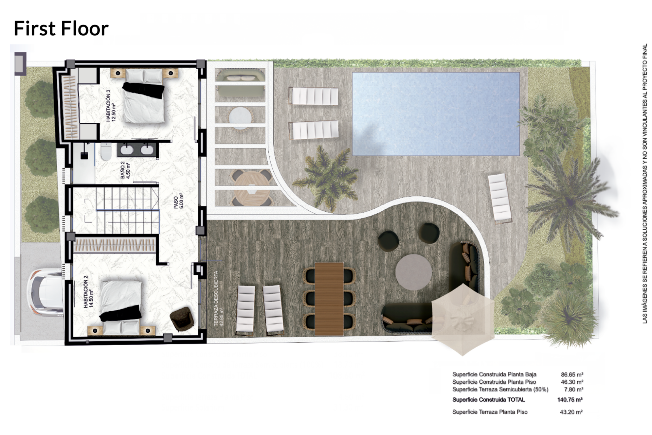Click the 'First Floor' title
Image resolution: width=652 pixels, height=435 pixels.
61,28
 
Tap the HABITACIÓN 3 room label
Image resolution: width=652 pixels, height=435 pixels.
111,106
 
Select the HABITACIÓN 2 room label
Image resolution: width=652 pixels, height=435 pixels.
88,292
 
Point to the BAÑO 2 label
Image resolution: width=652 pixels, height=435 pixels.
125,170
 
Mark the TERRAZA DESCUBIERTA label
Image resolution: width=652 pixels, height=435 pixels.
219,298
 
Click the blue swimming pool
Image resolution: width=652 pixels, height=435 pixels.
436,114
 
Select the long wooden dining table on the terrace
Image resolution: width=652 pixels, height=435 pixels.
329,299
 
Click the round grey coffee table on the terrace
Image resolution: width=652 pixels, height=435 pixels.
414,272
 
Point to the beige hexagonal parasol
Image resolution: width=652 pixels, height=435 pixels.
463,319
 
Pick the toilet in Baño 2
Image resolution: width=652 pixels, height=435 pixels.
106,152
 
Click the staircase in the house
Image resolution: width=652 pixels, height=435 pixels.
128,210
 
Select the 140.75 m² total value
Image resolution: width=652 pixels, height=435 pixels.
570,400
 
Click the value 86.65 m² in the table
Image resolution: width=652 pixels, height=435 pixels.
572,375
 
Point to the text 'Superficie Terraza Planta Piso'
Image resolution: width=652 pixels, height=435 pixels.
490,412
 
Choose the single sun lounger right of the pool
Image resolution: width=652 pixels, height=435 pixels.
500,198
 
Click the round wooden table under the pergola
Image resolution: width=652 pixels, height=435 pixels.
252,188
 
